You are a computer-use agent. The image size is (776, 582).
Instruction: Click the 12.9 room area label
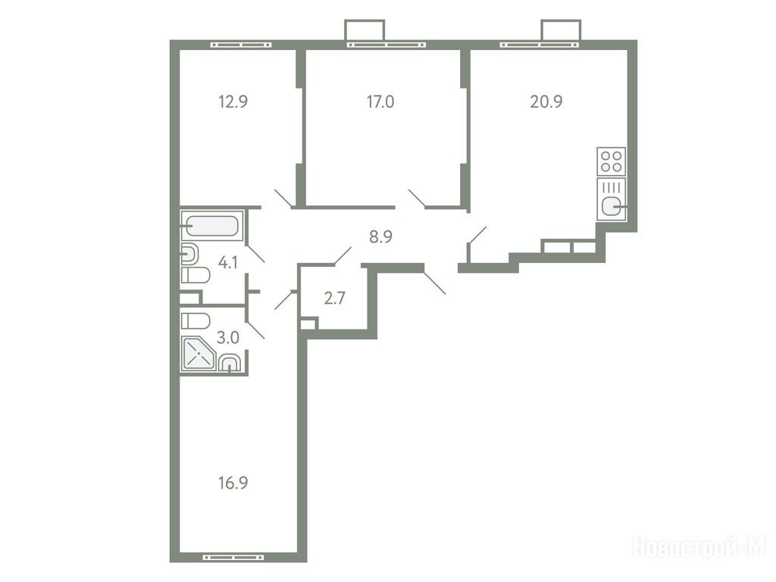(233, 102)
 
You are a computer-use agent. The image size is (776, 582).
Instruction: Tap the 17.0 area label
(380, 102)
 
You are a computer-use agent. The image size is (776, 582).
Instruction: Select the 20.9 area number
(546, 102)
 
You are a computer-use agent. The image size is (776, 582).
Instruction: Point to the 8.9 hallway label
(380, 236)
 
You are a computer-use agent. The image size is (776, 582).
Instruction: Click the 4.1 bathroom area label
(227, 262)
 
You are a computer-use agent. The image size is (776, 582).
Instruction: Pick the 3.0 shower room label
(227, 337)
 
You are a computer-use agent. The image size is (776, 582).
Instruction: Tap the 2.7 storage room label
(334, 298)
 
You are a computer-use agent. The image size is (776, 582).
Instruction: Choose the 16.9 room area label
(233, 483)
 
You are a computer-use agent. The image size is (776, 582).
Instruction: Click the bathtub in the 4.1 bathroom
(212, 226)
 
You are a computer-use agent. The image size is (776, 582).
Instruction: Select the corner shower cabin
(198, 353)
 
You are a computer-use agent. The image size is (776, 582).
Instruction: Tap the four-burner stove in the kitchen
(612, 161)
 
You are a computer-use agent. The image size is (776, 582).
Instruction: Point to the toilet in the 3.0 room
(196, 321)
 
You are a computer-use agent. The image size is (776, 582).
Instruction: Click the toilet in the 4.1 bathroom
(196, 275)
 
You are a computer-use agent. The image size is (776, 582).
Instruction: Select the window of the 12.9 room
(241, 45)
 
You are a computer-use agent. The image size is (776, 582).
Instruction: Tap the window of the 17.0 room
(386, 45)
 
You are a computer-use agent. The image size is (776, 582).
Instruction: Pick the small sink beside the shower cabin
(229, 362)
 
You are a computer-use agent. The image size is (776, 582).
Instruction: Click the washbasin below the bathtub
(189, 255)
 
